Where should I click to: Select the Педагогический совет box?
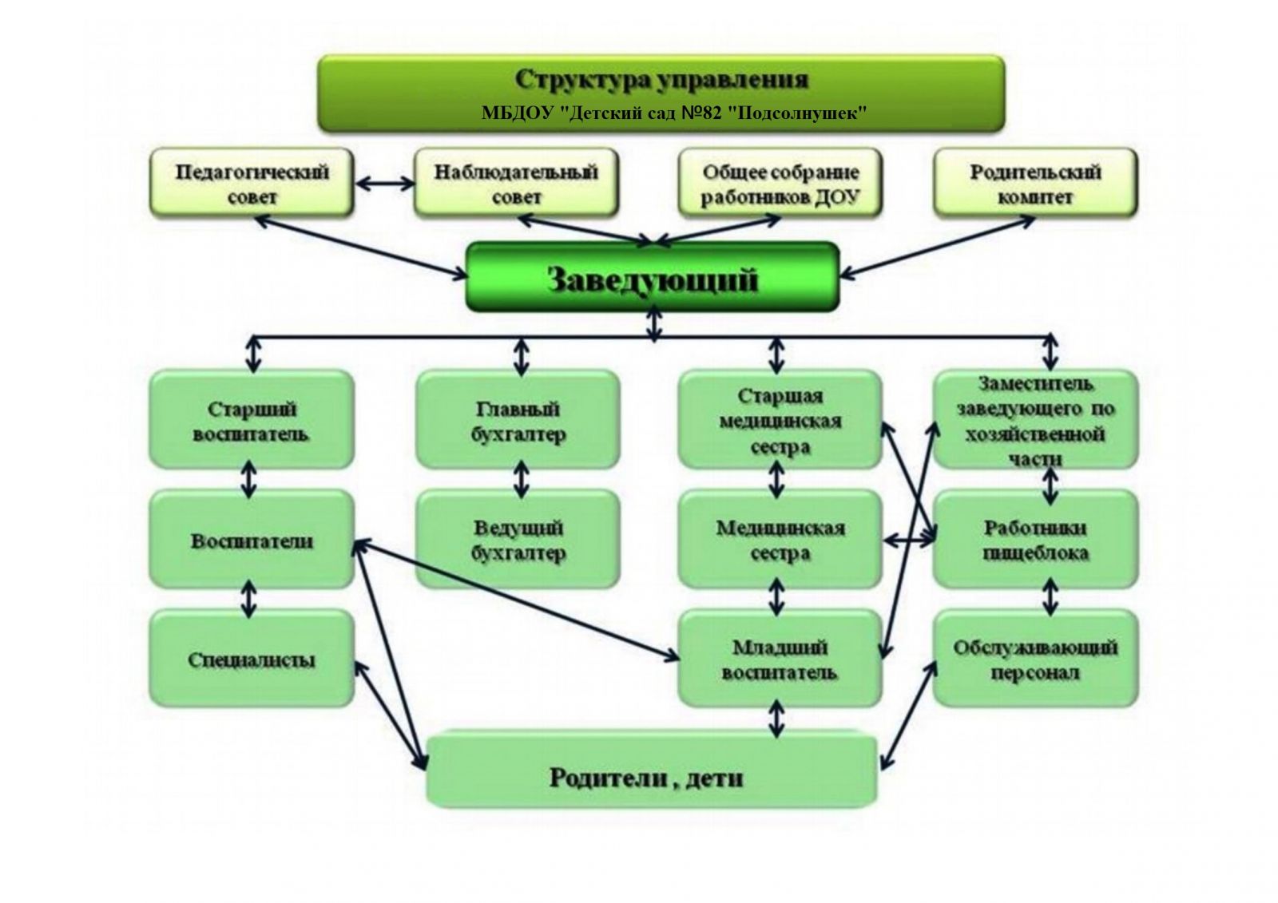pos(252,183)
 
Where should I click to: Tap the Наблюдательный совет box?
pos(516,183)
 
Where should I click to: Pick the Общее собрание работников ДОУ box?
pos(780,183)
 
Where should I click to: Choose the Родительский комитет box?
pos(1035,183)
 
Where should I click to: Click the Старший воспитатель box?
pos(252,420)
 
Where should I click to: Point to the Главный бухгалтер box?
pos(518,420)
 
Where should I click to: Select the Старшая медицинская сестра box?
pos(780,420)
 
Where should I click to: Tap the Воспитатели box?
pos(252,540)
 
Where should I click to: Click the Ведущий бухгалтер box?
pos(518,540)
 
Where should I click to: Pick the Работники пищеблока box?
pos(1035,540)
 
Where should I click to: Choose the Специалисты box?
pos(252,659)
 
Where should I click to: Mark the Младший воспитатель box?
pos(780,659)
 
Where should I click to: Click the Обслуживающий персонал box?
pos(1035,659)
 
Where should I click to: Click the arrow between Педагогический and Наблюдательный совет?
pos(384,184)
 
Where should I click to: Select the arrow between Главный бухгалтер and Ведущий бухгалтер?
pos(521,479)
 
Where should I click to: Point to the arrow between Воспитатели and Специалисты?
pos(249,599)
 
